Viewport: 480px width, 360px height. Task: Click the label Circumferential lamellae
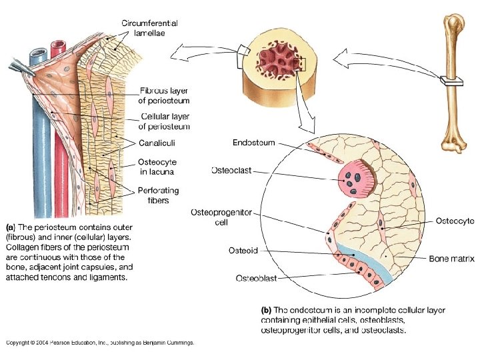tap(149, 28)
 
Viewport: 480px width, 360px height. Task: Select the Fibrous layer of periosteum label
tap(164, 95)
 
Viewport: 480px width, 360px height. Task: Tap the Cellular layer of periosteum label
tap(164, 121)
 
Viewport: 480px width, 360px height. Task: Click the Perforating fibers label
tap(159, 195)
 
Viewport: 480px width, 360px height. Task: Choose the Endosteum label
tap(253, 142)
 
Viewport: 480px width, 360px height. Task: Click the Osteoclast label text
tap(231, 171)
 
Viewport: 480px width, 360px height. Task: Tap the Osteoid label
tap(243, 250)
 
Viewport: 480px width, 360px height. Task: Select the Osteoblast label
tap(257, 277)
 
